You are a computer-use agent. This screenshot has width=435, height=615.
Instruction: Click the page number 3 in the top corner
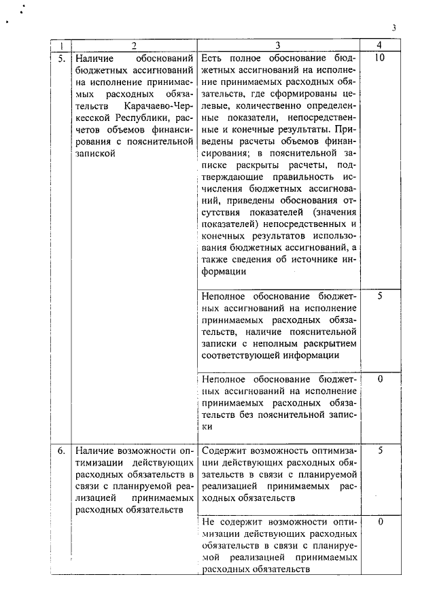[x=394, y=27]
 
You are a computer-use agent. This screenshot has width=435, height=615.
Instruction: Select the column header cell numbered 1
[x=61, y=46]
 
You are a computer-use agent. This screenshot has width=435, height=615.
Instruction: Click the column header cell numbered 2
[x=134, y=46]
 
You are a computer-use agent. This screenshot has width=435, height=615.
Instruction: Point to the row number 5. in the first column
[x=61, y=58]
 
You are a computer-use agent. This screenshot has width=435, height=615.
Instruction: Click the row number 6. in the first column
[x=61, y=450]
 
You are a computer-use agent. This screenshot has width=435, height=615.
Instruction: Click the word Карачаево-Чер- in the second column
[x=160, y=106]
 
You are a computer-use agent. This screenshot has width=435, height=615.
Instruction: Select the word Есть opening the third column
[x=213, y=59]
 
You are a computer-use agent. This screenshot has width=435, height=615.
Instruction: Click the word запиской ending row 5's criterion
[x=95, y=154]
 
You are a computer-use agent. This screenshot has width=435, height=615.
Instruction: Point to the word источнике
[x=309, y=260]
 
